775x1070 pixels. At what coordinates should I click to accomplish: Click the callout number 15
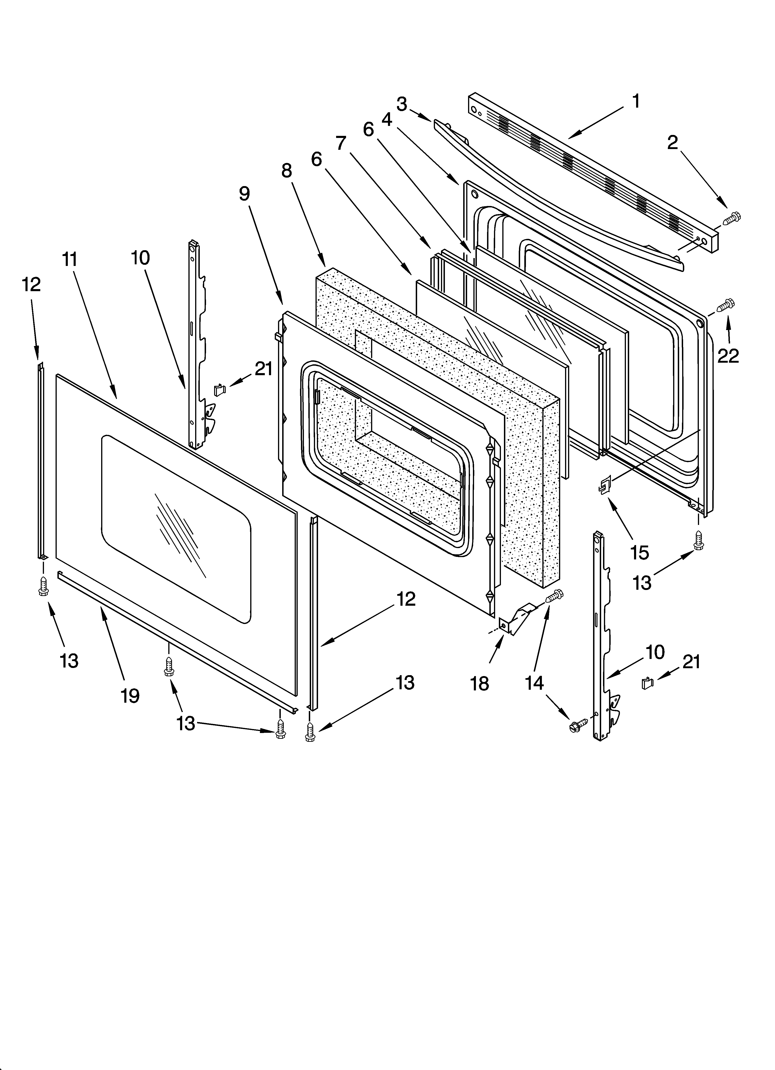(x=640, y=552)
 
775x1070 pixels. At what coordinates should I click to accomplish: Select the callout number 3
(x=402, y=104)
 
